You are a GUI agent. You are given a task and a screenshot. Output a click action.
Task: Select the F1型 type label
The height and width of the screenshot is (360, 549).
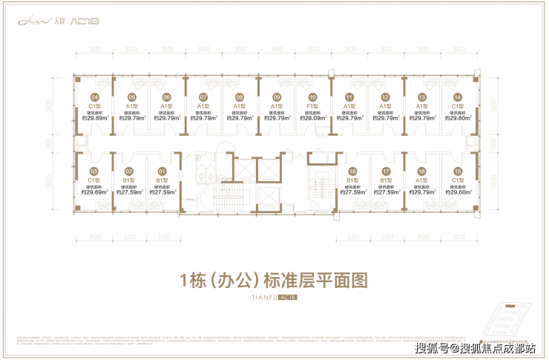pos(312,106)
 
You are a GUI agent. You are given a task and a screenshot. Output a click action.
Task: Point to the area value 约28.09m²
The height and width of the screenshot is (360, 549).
pos(312,117)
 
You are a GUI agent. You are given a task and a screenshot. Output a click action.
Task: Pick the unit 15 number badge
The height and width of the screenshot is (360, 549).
pos(458,172)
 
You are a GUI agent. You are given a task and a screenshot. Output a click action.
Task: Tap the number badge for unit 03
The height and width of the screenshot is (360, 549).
pos(94,172)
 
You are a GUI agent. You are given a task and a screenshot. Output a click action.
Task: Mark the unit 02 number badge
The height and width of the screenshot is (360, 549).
pos(128,172)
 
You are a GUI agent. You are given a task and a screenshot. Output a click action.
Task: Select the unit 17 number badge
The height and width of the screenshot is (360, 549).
pos(386,172)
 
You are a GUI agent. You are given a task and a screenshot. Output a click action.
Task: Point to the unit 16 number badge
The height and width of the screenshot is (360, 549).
pos(421,172)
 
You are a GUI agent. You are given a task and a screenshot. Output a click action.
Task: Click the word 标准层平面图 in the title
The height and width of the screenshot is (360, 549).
pos(321,281)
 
